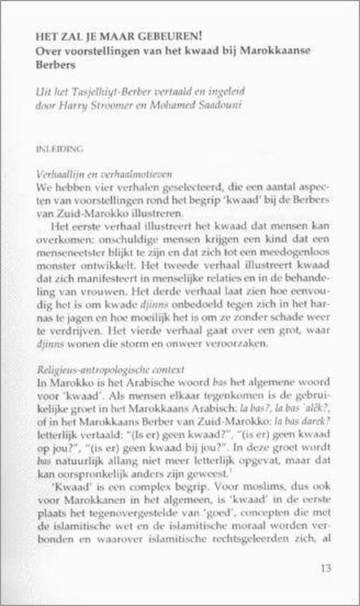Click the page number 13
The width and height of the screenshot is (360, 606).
click(x=323, y=568)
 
